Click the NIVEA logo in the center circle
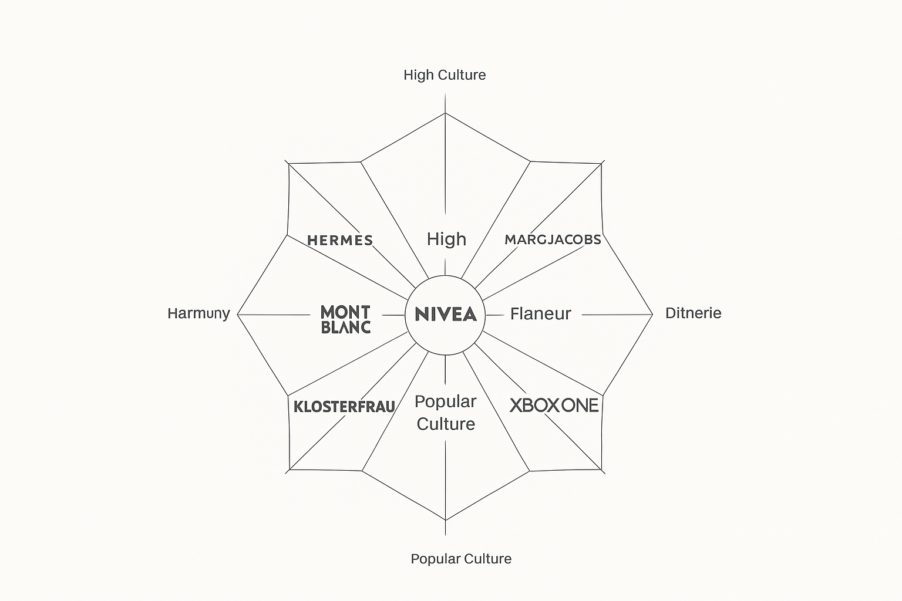coord(445,314)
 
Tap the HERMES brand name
coord(340,240)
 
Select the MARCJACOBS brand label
coord(553,239)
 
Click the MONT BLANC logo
coord(345,319)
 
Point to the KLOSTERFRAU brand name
coord(344,407)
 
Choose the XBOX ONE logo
coord(554,406)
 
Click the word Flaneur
coord(540,314)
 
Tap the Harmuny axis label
coord(198,313)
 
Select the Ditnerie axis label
coord(693,313)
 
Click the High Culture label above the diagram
coord(445,75)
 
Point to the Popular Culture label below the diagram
coord(461,559)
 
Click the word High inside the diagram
coord(446,239)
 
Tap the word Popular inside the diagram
coord(445,402)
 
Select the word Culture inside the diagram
coord(446,424)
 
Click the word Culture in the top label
coord(462,75)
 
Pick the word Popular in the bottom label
coord(435,559)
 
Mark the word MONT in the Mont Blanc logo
coord(345,312)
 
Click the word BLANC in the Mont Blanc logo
coord(346,327)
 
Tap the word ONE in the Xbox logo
coord(580,406)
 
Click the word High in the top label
coord(419,75)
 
